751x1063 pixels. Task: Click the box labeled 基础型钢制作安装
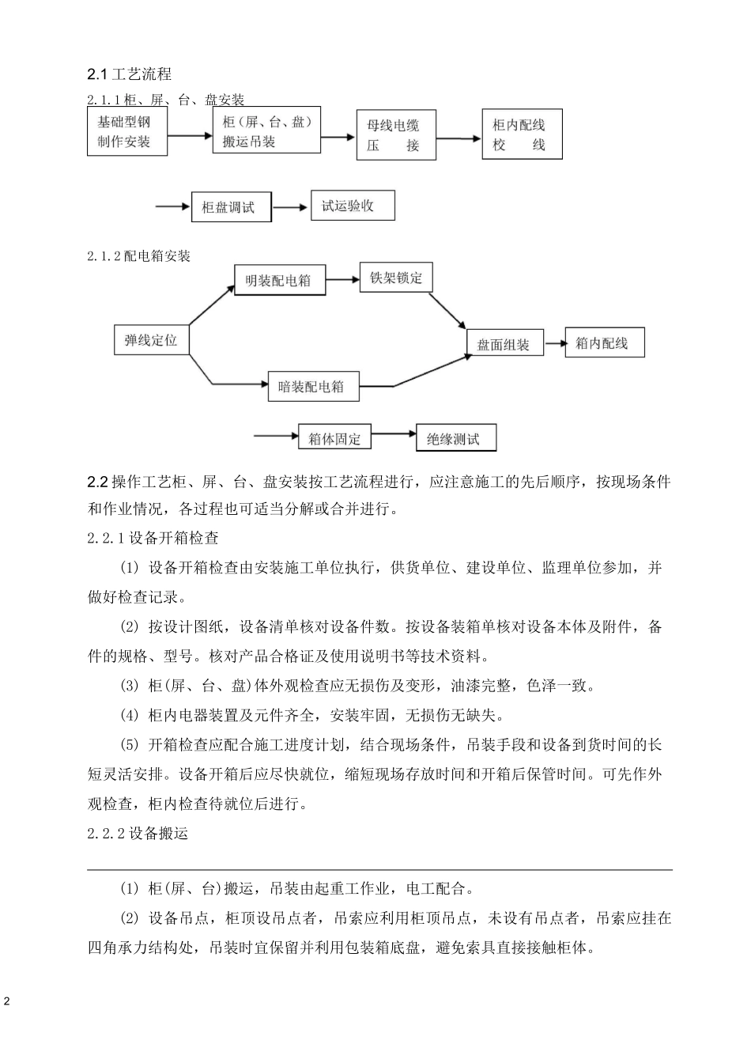(x=126, y=132)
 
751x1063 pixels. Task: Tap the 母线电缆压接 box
(x=392, y=135)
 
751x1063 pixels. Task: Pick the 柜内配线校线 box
(x=521, y=135)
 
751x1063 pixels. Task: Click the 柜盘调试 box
(x=231, y=208)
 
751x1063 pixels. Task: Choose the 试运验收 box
(x=352, y=206)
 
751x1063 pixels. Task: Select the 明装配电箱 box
(x=279, y=280)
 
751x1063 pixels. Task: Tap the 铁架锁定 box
(x=395, y=278)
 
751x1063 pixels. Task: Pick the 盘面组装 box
(x=504, y=344)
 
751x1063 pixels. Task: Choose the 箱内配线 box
(x=605, y=342)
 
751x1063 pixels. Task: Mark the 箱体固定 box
(x=335, y=437)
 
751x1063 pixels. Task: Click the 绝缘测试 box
(x=455, y=438)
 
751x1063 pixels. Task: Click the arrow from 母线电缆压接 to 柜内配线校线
(x=459, y=138)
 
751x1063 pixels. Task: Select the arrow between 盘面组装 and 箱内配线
(x=555, y=343)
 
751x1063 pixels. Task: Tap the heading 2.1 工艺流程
(x=129, y=74)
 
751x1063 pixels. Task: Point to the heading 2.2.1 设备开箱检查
(x=153, y=539)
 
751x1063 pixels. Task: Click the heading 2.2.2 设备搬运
(x=138, y=834)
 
